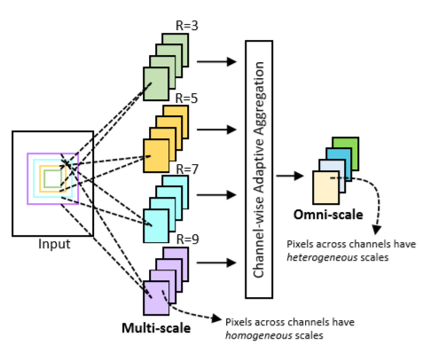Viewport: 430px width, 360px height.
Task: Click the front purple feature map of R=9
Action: [157, 296]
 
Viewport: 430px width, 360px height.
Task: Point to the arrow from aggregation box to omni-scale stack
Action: [290, 176]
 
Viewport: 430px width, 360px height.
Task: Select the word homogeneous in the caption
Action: [258, 335]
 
